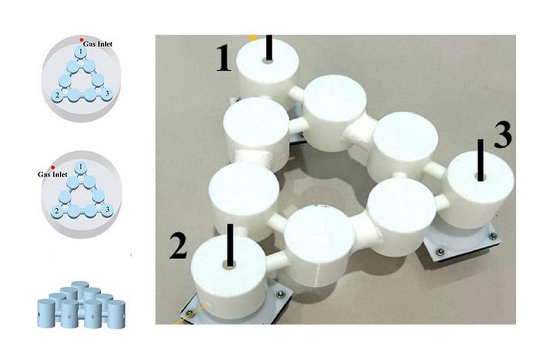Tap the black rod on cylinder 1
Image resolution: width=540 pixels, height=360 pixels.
coord(269,47)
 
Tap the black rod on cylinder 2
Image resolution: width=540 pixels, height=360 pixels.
coord(230,245)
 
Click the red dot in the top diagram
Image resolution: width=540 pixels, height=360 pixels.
coord(81,40)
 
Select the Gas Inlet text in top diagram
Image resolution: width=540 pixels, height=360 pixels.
coord(98,44)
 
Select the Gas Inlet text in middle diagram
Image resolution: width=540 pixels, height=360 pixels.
coord(52,174)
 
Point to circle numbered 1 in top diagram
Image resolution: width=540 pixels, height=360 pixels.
coord(81,53)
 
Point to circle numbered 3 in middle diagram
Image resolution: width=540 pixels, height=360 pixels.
coord(107,210)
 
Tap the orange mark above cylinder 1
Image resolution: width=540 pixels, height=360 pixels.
coord(254,38)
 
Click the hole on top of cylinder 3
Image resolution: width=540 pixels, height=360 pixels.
coord(480,178)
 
